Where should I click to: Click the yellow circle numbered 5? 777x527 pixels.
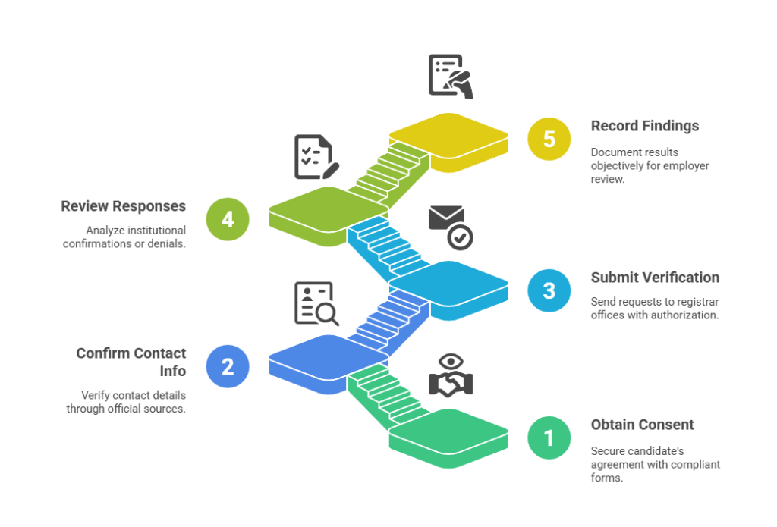tap(549, 140)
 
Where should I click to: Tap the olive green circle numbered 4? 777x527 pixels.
tap(228, 219)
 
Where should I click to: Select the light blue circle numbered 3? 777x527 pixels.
tap(549, 290)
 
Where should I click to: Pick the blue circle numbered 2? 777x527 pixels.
tap(228, 366)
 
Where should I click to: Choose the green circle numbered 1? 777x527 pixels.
tap(549, 438)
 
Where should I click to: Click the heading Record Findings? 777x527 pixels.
tap(645, 126)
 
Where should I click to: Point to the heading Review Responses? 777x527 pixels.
tap(124, 206)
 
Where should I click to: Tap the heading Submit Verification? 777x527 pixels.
tap(655, 278)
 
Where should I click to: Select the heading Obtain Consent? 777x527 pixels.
tap(642, 425)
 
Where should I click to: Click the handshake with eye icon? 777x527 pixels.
tap(450, 375)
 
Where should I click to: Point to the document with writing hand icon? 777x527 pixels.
tap(450, 76)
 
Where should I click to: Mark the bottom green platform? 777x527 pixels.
tap(448, 432)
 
